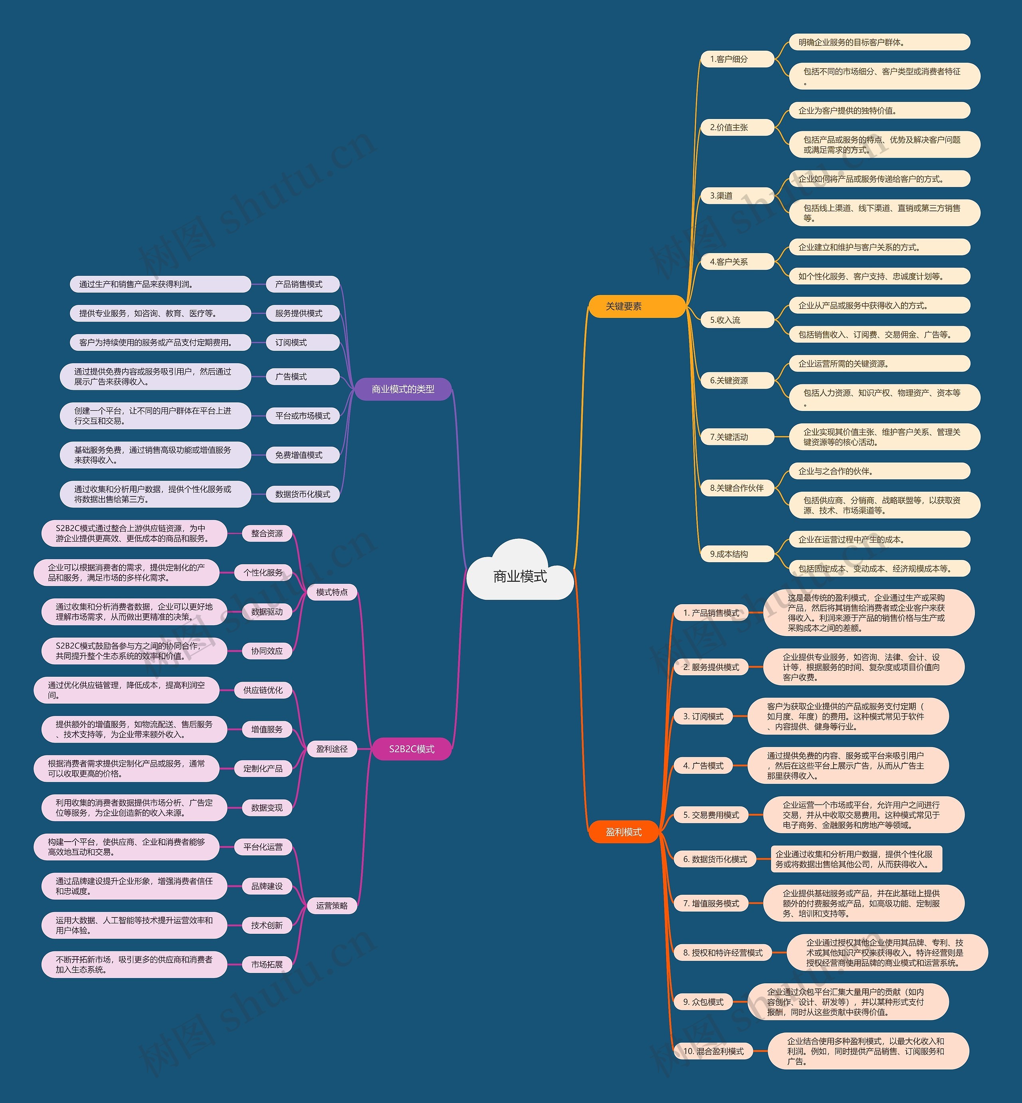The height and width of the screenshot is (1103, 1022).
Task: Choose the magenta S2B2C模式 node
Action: [x=412, y=749]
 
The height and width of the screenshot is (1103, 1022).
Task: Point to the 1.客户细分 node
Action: [x=738, y=59]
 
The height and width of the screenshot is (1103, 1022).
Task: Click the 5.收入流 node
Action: [x=738, y=320]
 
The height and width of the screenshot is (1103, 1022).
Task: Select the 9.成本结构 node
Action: [x=738, y=554]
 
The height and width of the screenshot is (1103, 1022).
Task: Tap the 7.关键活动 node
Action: [x=738, y=437]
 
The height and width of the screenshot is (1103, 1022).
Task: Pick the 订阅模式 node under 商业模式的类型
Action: [x=303, y=343]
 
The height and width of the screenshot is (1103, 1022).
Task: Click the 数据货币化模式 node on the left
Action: [x=303, y=494]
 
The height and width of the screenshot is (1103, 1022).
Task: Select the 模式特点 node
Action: [x=332, y=592]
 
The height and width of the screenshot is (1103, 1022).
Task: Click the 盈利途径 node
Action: [x=332, y=749]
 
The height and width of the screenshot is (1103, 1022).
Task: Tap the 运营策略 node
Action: [x=332, y=905]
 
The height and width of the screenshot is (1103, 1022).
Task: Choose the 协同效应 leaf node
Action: [x=267, y=651]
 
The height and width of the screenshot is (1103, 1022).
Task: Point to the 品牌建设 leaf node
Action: [x=267, y=886]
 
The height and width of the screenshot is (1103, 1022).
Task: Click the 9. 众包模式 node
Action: [x=703, y=1002]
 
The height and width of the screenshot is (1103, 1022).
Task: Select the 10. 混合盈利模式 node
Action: [x=713, y=1051]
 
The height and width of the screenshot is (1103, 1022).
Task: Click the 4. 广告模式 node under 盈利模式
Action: [x=703, y=766]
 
